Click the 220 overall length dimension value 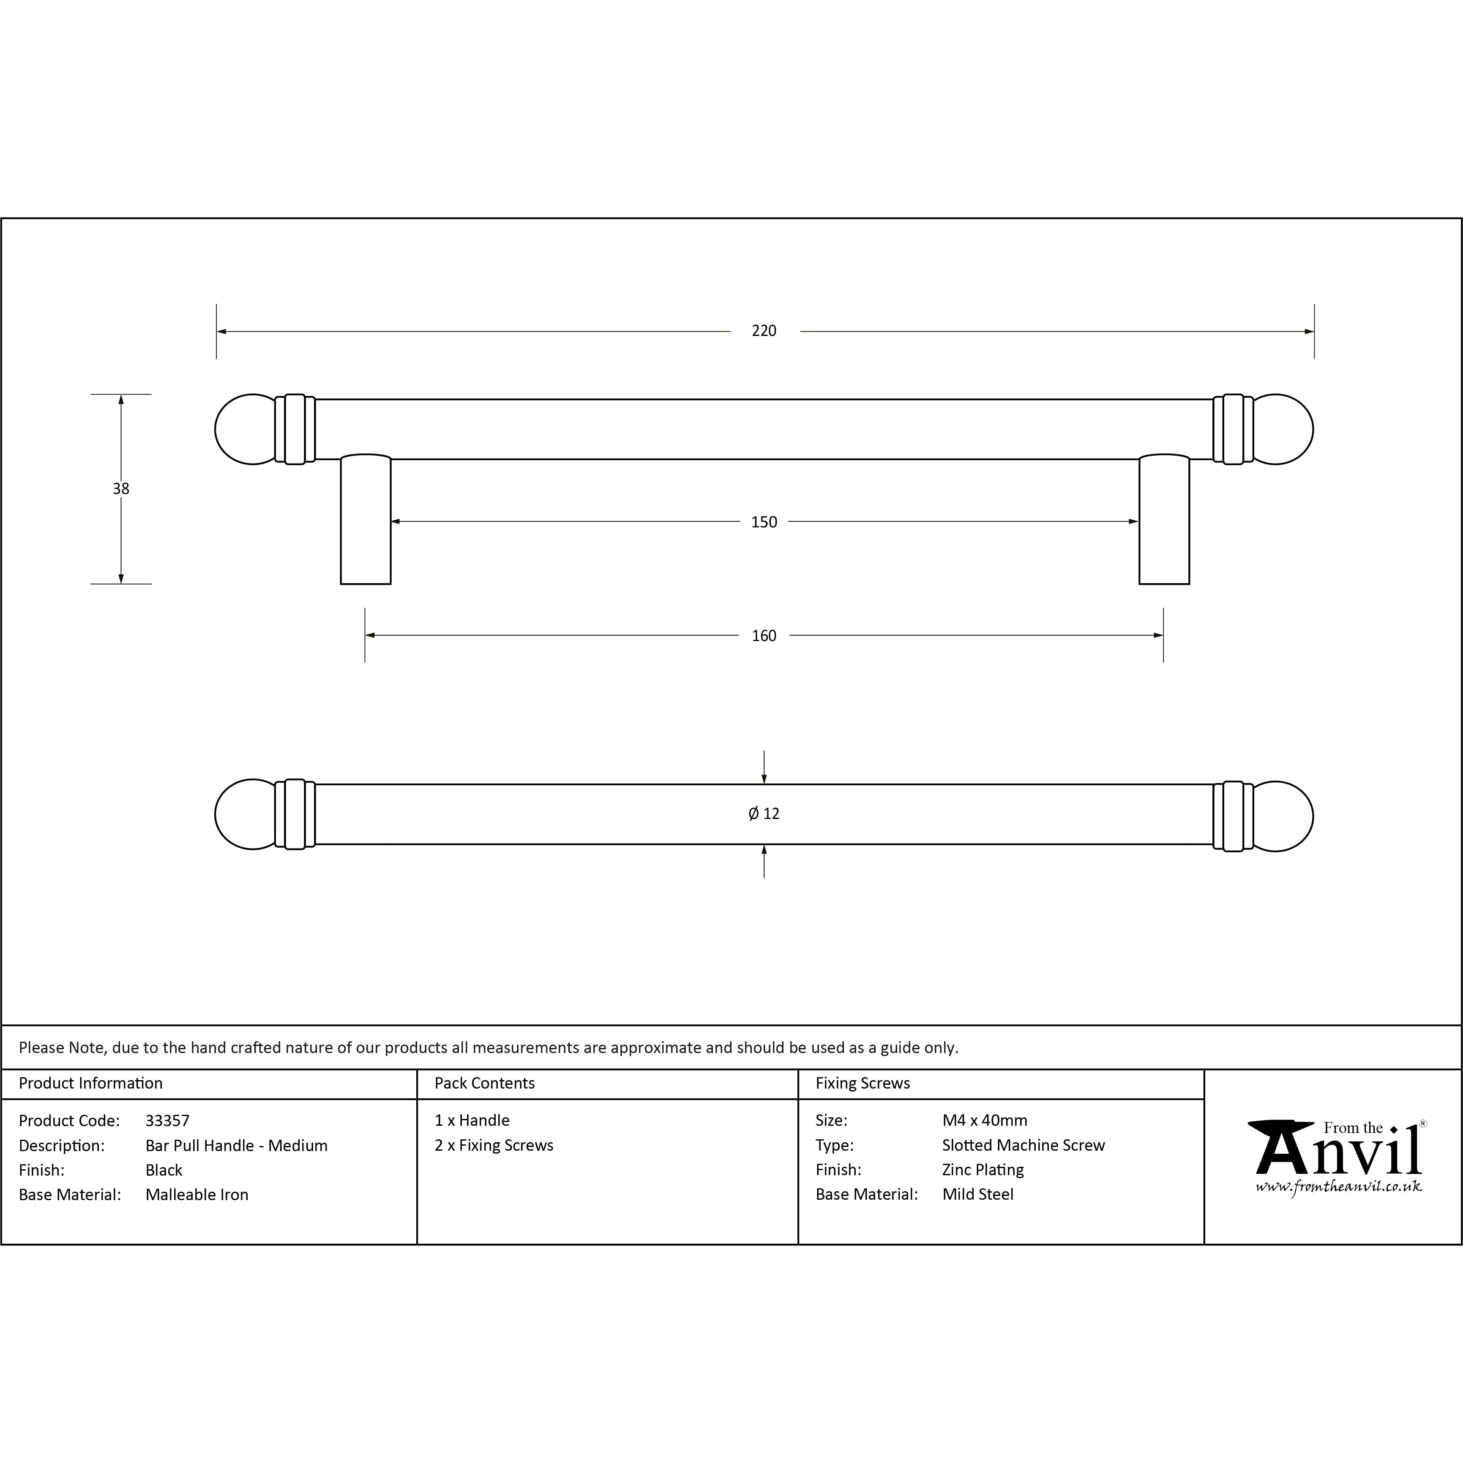[x=764, y=331]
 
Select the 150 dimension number [x=764, y=522]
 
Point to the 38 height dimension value [x=121, y=489]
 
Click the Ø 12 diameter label [x=764, y=814]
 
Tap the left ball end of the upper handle [x=246, y=429]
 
